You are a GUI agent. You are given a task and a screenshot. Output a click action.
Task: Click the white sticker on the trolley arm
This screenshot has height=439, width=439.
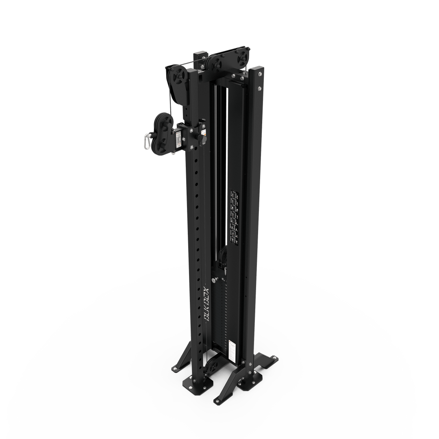coord(178,139)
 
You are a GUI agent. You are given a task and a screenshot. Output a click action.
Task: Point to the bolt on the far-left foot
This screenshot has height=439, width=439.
coord(174,368)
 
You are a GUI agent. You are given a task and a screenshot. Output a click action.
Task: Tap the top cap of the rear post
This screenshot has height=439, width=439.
coord(200,54)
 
